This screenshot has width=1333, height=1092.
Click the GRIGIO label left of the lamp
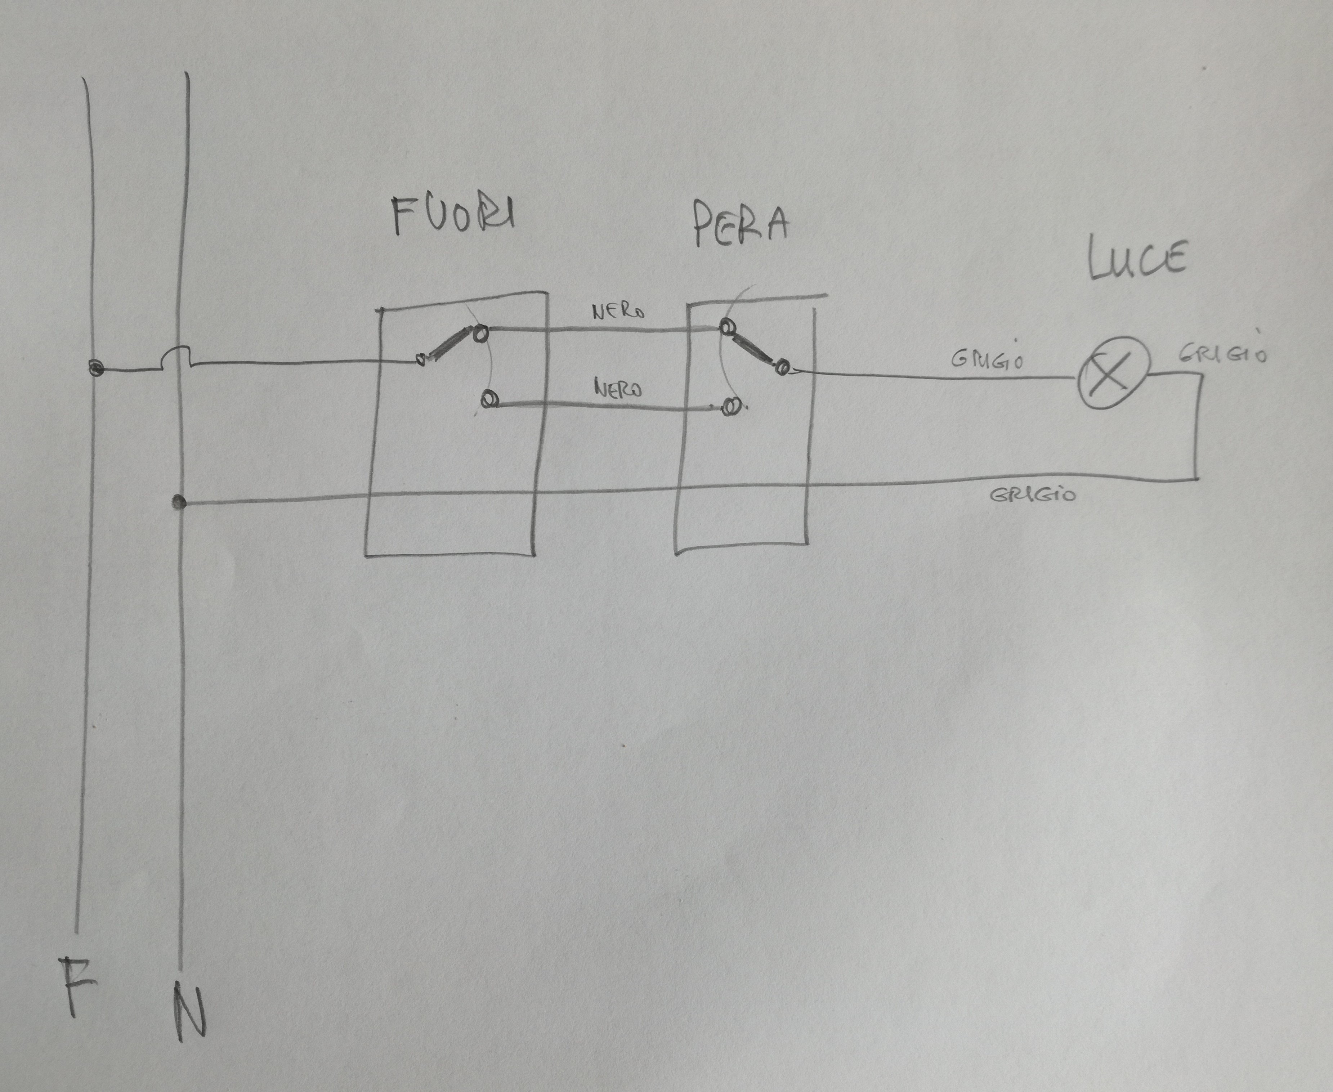987,359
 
